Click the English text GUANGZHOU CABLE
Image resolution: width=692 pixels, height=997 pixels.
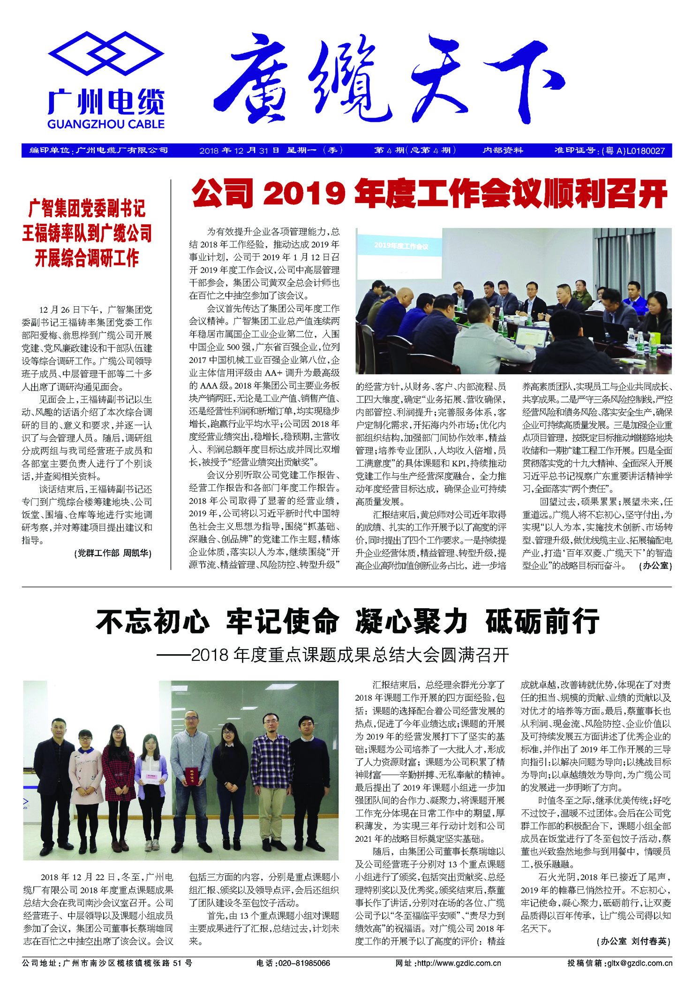point(106,124)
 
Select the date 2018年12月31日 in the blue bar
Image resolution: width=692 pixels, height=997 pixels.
point(239,151)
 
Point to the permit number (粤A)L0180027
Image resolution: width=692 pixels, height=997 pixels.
point(633,151)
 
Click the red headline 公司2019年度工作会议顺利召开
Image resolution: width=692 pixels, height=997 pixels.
point(429,194)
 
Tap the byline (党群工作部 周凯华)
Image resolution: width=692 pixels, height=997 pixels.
point(113,553)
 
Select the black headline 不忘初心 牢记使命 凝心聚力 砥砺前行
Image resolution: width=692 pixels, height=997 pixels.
point(347,621)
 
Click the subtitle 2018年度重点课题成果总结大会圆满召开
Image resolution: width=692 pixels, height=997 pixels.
point(350,655)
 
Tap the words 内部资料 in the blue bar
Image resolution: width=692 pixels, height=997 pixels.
point(503,151)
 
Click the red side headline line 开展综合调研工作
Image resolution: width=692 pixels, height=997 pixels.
point(87,258)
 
